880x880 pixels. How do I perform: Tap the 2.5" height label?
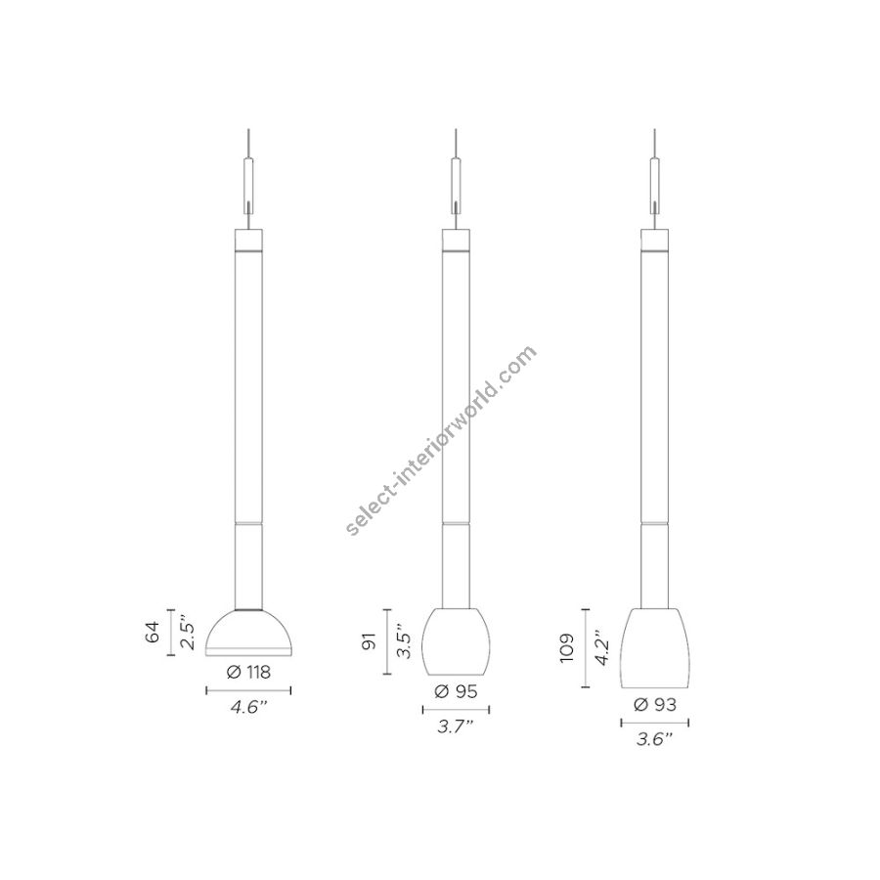188,633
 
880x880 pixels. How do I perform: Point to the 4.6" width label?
248,707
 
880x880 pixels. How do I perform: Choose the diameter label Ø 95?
456,691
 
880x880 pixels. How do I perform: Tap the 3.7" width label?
456,726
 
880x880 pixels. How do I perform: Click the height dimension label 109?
568,648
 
